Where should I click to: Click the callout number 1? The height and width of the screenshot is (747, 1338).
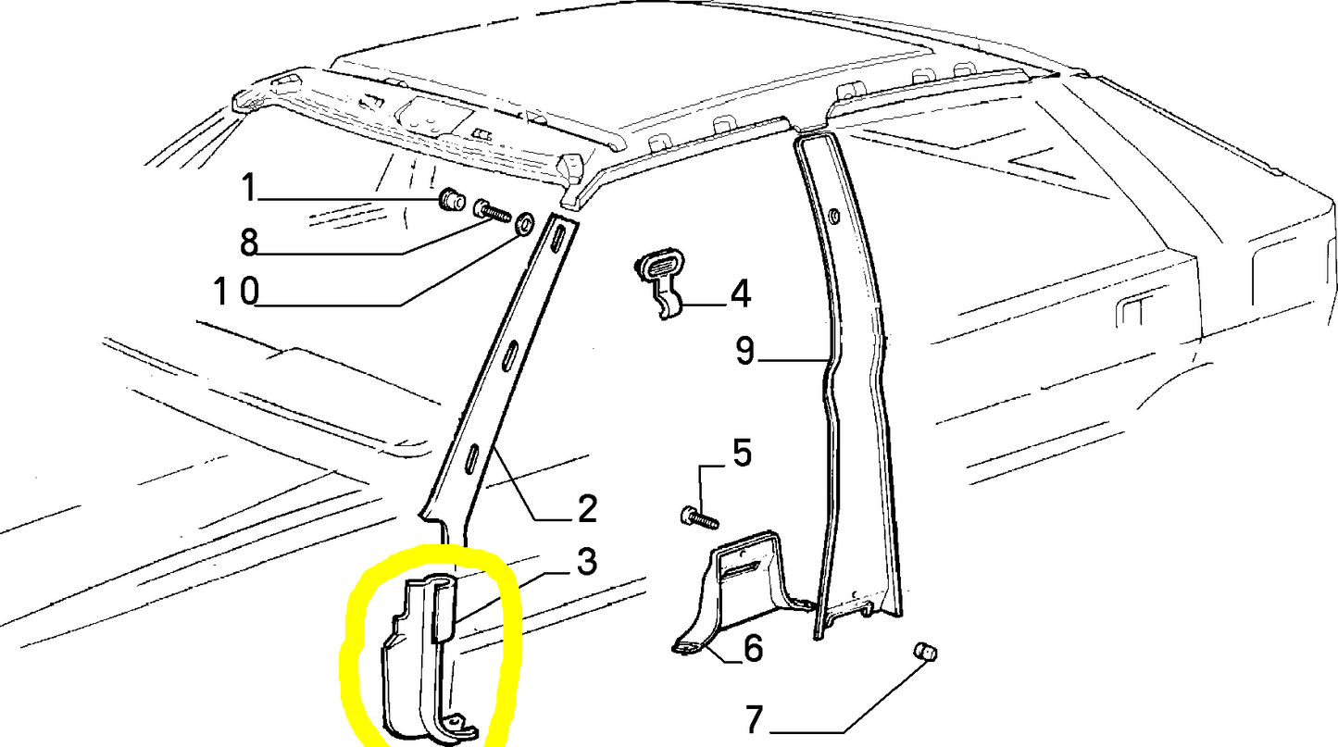pos(249,187)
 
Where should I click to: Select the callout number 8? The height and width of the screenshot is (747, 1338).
pos(249,242)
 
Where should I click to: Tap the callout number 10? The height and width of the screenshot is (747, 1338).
pos(237,292)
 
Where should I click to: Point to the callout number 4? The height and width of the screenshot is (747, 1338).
pos(740,295)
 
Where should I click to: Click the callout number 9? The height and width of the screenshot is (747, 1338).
pos(744,351)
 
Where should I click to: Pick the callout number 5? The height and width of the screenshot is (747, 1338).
pos(742,454)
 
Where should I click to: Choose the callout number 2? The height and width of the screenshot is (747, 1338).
pos(587,509)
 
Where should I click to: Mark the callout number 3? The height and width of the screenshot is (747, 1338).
pos(586,562)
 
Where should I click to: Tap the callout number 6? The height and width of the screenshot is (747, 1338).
pos(753,649)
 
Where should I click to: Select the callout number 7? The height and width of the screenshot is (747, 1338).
pos(755,719)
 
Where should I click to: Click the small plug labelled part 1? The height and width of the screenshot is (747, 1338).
pos(453,199)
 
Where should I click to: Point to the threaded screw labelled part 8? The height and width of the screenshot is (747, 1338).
pos(493,211)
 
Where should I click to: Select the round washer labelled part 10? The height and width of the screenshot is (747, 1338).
pos(524,223)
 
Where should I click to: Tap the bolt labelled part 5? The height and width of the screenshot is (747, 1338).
pos(699,517)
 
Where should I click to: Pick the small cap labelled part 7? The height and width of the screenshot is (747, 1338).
pos(925,652)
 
